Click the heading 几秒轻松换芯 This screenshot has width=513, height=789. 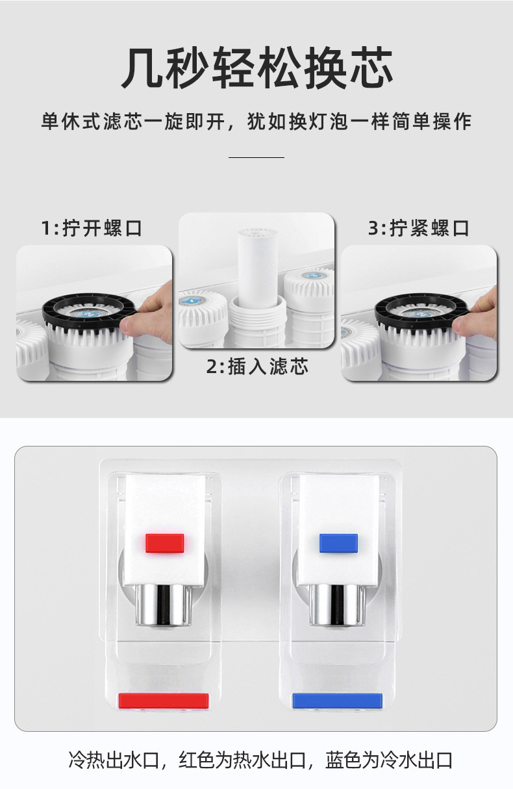point(256,68)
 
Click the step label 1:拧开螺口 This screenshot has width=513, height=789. point(92,228)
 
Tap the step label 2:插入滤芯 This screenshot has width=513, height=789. point(257,367)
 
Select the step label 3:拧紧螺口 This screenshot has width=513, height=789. point(419,228)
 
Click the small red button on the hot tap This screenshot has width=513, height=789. point(165,543)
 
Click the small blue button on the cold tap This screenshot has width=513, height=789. point(338,543)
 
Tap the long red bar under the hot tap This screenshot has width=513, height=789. point(164,701)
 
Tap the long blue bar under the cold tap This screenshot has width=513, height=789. point(337,701)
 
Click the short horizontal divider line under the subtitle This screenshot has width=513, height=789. point(256,157)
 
